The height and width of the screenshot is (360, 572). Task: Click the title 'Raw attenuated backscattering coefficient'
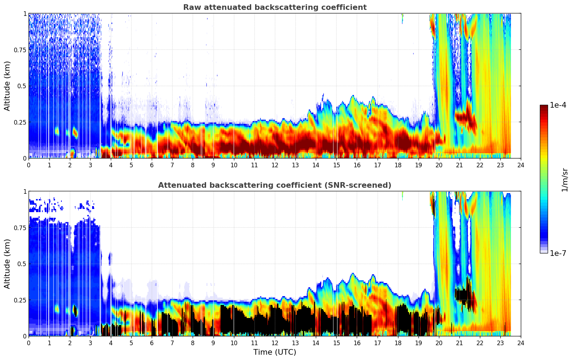pyautogui.click(x=275, y=7)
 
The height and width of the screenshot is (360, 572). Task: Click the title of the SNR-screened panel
pyautogui.click(x=275, y=185)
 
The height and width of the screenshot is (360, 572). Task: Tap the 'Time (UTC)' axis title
pyautogui.click(x=275, y=352)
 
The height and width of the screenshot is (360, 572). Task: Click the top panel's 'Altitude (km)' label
pyautogui.click(x=7, y=86)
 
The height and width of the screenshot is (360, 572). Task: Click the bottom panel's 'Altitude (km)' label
pyautogui.click(x=7, y=264)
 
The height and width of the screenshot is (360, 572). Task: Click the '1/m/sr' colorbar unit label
pyautogui.click(x=564, y=180)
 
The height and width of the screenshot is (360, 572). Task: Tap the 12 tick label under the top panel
pyautogui.click(x=275, y=165)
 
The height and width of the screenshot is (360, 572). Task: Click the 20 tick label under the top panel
pyautogui.click(x=439, y=165)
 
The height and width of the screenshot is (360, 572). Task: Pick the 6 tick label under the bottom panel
pyautogui.click(x=152, y=343)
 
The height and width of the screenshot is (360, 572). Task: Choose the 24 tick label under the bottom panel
pyautogui.click(x=521, y=343)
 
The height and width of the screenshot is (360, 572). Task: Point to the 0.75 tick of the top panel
pyautogui.click(x=20, y=50)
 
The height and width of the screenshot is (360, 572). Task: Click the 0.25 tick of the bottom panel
pyautogui.click(x=20, y=300)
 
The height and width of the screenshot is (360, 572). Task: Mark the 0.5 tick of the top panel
pyautogui.click(x=22, y=86)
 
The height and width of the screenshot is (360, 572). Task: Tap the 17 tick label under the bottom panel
pyautogui.click(x=377, y=343)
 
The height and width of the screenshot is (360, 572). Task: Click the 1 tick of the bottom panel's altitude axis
pyautogui.click(x=25, y=191)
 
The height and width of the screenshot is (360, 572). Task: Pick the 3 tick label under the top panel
pyautogui.click(x=90, y=165)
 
